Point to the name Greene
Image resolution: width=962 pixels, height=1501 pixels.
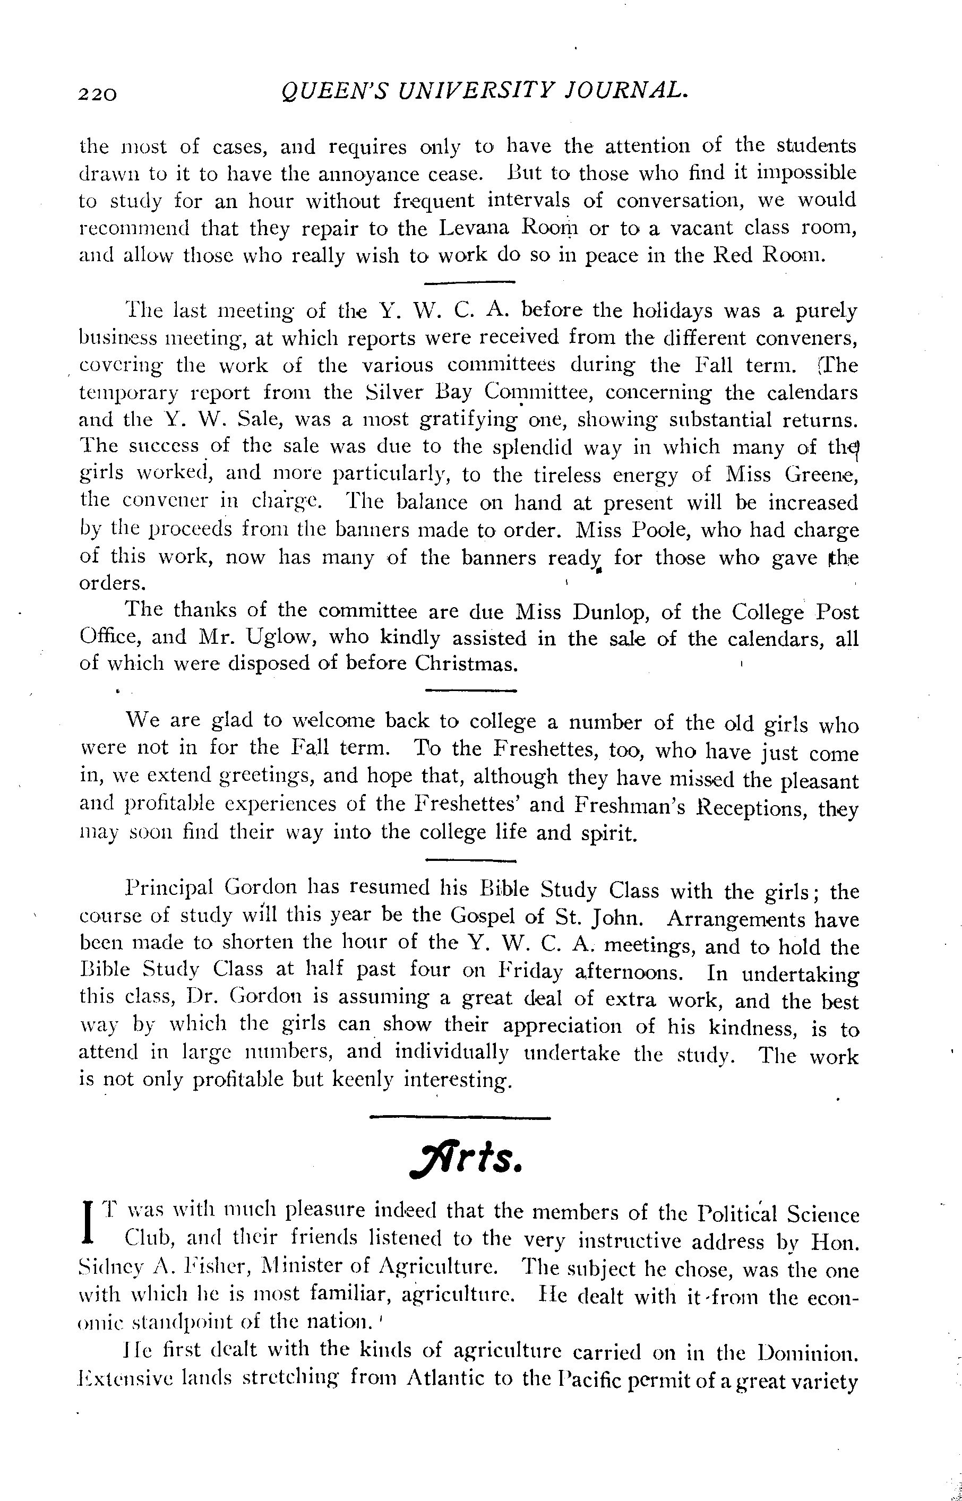click(x=821, y=476)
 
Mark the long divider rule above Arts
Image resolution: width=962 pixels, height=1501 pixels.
click(x=460, y=1117)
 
